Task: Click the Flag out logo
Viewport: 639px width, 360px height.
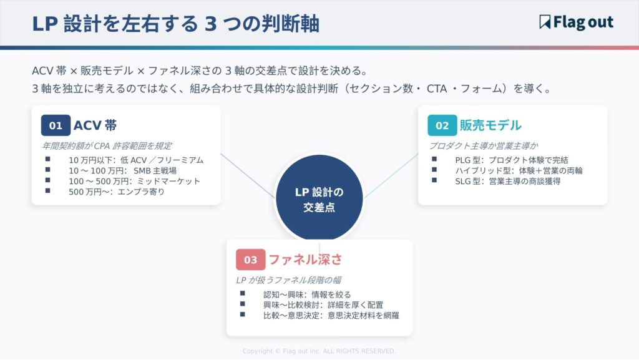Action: coord(576,23)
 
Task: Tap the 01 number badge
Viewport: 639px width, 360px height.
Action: coord(56,125)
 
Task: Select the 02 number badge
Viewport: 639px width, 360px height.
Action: coord(442,125)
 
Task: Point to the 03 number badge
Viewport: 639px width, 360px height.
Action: coord(250,260)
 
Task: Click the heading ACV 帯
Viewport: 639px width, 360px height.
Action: coord(95,125)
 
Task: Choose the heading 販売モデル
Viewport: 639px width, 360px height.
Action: coord(490,125)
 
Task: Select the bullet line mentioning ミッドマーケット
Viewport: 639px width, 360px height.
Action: coord(134,181)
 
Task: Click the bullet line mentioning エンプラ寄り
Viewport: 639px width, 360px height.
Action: coord(117,192)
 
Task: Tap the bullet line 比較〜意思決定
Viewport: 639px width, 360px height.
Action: coord(331,315)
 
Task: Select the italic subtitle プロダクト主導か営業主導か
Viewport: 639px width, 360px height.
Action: coord(483,145)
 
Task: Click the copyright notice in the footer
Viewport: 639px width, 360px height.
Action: coord(319,351)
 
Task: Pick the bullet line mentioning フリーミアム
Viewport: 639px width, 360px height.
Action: coord(135,160)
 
